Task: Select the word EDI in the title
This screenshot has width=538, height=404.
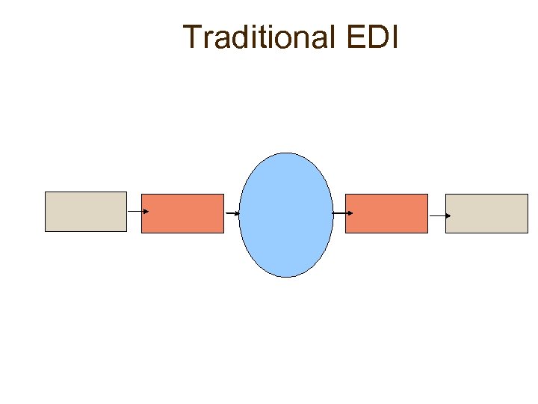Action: (370, 37)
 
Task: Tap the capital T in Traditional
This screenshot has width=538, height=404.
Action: (192, 37)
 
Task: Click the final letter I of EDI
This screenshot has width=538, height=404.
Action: (392, 37)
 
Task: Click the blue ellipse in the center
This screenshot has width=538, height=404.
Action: (286, 215)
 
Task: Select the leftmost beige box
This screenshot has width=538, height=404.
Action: (86, 211)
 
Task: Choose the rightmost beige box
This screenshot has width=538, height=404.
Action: (486, 213)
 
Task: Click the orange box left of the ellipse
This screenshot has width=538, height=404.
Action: (182, 213)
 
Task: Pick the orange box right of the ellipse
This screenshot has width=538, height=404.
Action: (386, 213)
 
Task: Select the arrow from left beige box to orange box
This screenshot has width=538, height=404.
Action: (137, 211)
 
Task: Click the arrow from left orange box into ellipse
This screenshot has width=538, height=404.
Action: (232, 214)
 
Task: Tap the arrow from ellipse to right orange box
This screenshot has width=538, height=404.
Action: (341, 213)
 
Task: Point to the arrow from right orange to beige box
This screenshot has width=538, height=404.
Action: (439, 215)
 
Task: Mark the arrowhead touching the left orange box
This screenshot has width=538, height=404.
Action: (146, 211)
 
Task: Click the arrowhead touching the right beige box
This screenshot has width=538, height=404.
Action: (448, 215)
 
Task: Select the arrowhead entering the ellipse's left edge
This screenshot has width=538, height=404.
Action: (238, 214)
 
